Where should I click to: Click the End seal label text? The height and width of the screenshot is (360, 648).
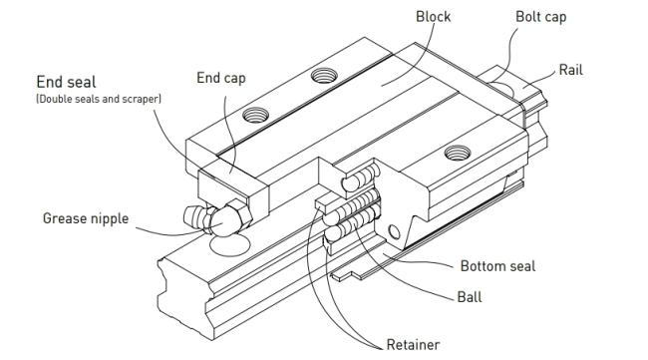[66, 82]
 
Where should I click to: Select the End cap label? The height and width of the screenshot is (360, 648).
[221, 78]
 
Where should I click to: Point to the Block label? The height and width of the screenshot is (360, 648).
[433, 17]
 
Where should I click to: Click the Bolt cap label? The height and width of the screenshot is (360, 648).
[541, 17]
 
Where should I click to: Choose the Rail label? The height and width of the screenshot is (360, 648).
[570, 70]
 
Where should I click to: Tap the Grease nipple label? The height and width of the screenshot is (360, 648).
[86, 218]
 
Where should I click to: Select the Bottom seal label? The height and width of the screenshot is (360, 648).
[497, 266]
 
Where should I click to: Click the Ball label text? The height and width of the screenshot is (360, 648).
[470, 297]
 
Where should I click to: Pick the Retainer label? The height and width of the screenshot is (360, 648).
[413, 345]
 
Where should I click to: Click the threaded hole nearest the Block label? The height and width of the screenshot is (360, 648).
[324, 76]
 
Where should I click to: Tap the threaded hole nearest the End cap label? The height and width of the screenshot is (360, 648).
[256, 115]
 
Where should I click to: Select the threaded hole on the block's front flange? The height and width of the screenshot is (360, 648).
[457, 153]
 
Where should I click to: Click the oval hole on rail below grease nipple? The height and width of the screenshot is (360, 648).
[229, 245]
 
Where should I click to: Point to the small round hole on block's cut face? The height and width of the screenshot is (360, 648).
[395, 232]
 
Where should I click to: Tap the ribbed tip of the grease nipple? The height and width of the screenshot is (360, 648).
[194, 216]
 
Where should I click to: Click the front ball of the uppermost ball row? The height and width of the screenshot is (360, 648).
[350, 183]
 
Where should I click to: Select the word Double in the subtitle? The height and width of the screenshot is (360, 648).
[53, 99]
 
